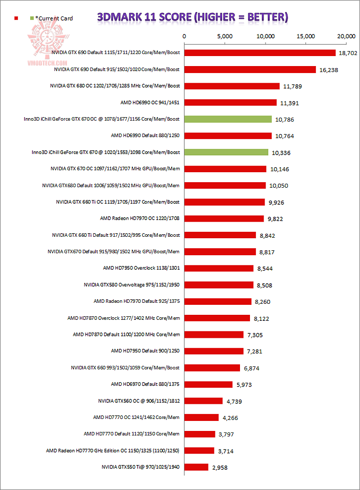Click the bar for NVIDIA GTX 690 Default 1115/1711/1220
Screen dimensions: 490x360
(260, 53)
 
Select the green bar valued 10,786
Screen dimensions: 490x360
(228, 119)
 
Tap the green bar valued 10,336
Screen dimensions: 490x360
(226, 152)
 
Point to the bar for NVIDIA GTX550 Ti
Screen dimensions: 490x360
(196, 467)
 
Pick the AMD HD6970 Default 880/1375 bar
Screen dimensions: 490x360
(208, 384)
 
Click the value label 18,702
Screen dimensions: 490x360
(348, 53)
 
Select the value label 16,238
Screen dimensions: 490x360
(328, 70)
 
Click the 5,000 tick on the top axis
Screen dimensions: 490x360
(225, 36)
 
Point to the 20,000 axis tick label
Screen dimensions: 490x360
(346, 36)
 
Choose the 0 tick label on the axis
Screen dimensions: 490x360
(184, 36)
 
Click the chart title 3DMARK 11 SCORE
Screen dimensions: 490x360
(192, 18)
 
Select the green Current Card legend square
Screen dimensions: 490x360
(32, 19)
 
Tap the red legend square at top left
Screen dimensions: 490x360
(16, 19)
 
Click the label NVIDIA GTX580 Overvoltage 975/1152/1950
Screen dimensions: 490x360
(131, 285)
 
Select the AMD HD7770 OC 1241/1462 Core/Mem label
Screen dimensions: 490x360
(136, 417)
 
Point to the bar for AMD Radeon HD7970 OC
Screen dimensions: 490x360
(224, 219)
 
